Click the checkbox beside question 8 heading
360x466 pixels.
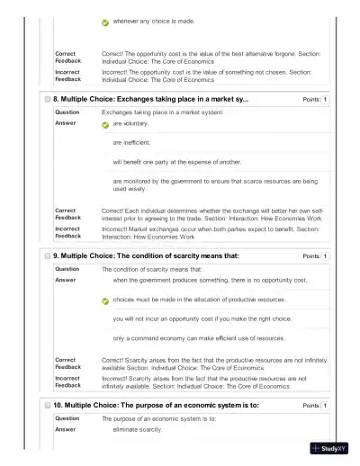[x=47, y=99]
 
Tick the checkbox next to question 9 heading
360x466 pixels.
[x=47, y=255]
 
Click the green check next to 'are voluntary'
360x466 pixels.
[x=105, y=125]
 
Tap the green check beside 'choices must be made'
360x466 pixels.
[x=105, y=300]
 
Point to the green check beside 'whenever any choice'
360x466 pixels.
[x=105, y=22]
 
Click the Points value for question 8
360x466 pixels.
[x=325, y=99]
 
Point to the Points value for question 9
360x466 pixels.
[x=325, y=256]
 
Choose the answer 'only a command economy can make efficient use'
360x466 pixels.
[x=199, y=338]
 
